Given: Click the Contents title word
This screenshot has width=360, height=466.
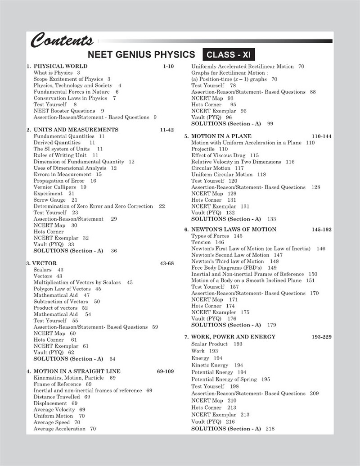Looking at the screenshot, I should [62, 41].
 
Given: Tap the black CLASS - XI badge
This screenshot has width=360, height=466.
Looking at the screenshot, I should [228, 55].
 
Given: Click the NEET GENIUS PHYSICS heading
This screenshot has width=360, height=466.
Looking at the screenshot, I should [141, 55].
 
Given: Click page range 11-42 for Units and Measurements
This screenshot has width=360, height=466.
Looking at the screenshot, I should [166, 130].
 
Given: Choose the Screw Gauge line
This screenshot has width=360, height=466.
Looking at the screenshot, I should [49, 199].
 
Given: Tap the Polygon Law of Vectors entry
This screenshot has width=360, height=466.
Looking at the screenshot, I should [62, 289].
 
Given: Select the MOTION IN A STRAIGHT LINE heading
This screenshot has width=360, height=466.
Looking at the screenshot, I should [77, 371].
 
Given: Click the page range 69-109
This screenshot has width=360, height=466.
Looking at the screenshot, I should [165, 371].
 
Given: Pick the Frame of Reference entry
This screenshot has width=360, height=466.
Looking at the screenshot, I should [58, 384].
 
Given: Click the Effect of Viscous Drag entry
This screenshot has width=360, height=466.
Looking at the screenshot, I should [219, 155].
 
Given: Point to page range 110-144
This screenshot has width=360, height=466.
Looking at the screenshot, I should [321, 136].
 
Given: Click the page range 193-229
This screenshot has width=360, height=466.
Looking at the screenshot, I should [321, 336].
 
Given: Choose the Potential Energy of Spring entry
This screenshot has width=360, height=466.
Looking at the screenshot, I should [224, 379].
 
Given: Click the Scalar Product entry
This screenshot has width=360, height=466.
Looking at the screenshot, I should [210, 344].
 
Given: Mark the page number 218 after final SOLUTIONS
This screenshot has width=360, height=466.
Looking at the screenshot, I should [270, 429].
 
